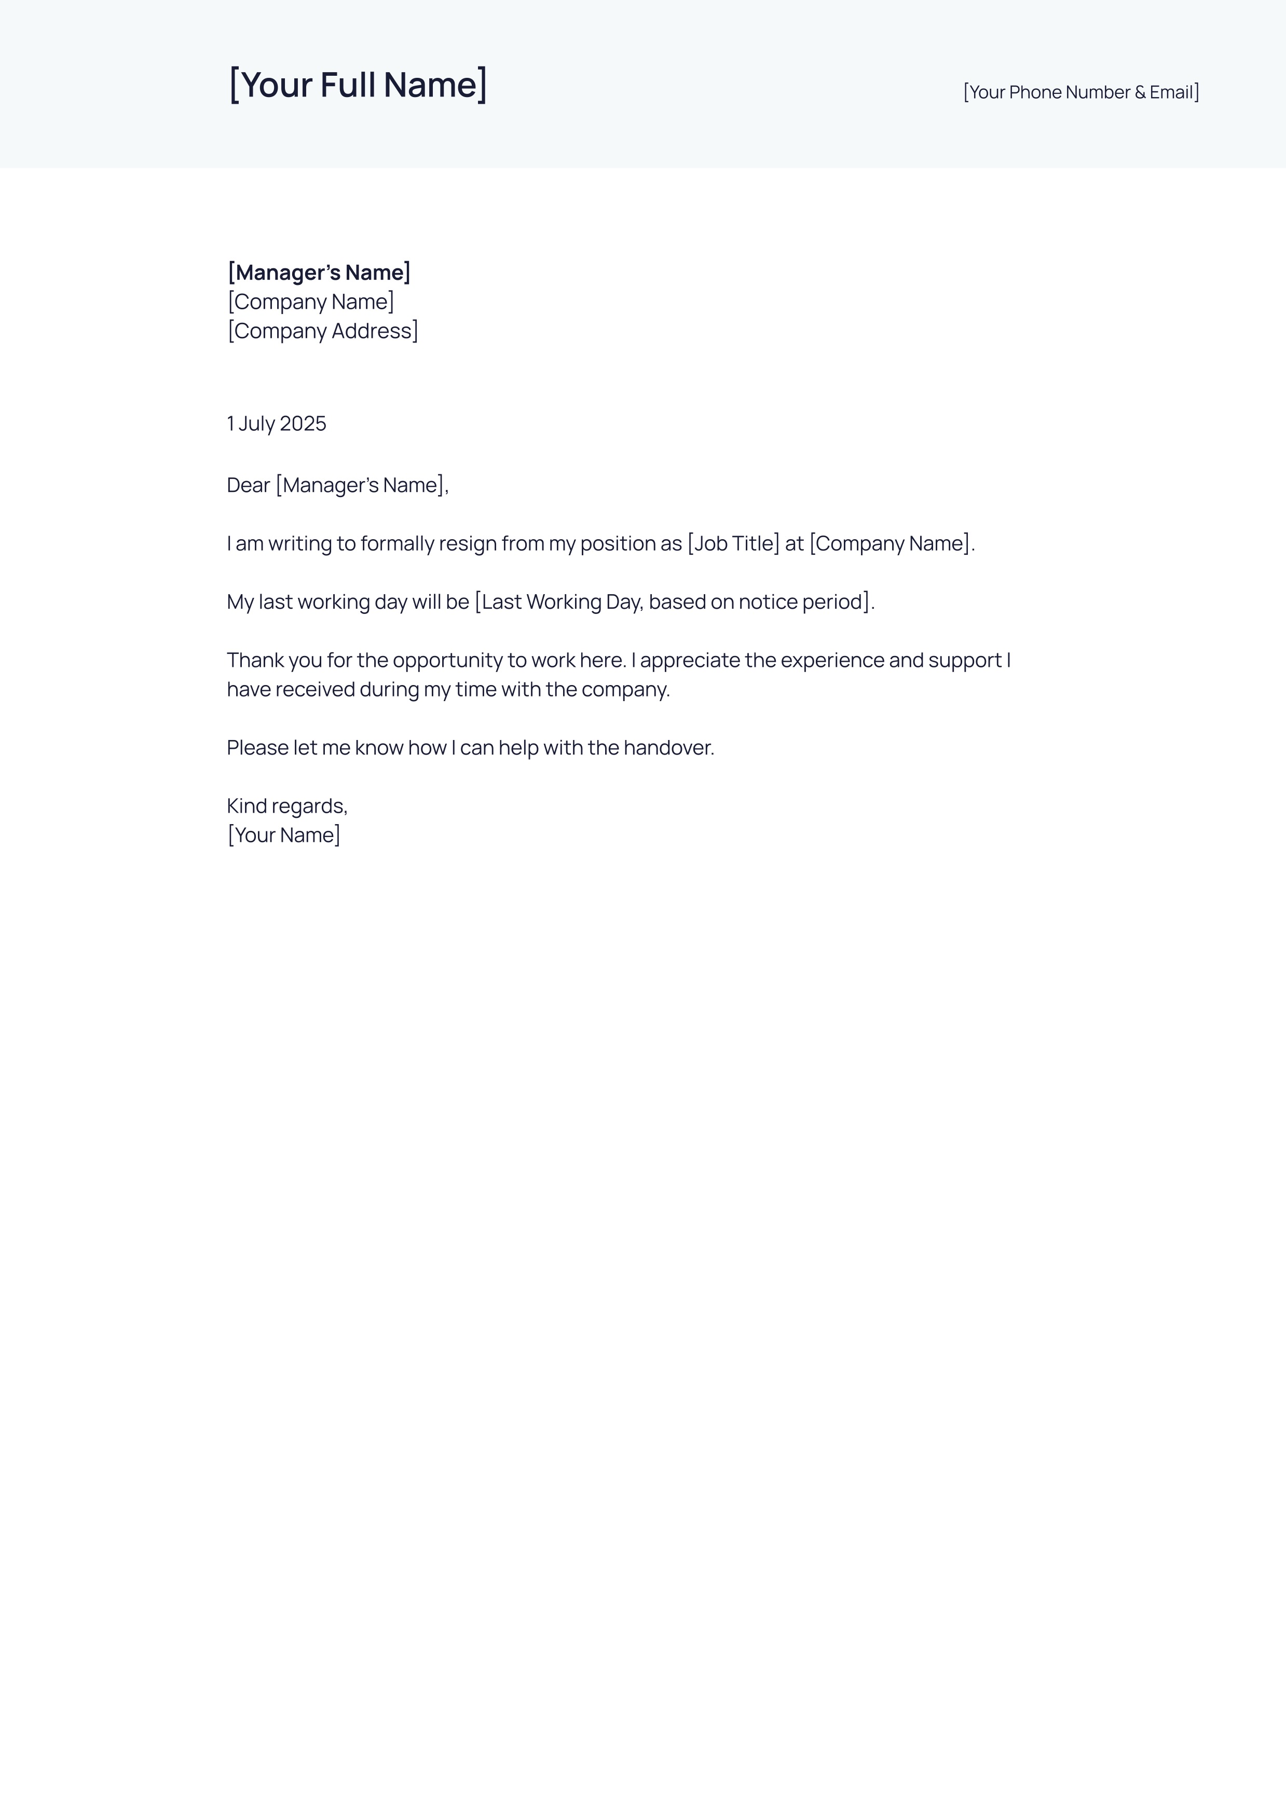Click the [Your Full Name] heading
point(358,85)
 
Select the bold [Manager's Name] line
point(319,272)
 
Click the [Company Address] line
point(323,331)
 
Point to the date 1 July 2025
point(276,423)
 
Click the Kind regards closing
point(287,806)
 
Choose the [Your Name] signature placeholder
point(284,834)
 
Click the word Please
point(257,747)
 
